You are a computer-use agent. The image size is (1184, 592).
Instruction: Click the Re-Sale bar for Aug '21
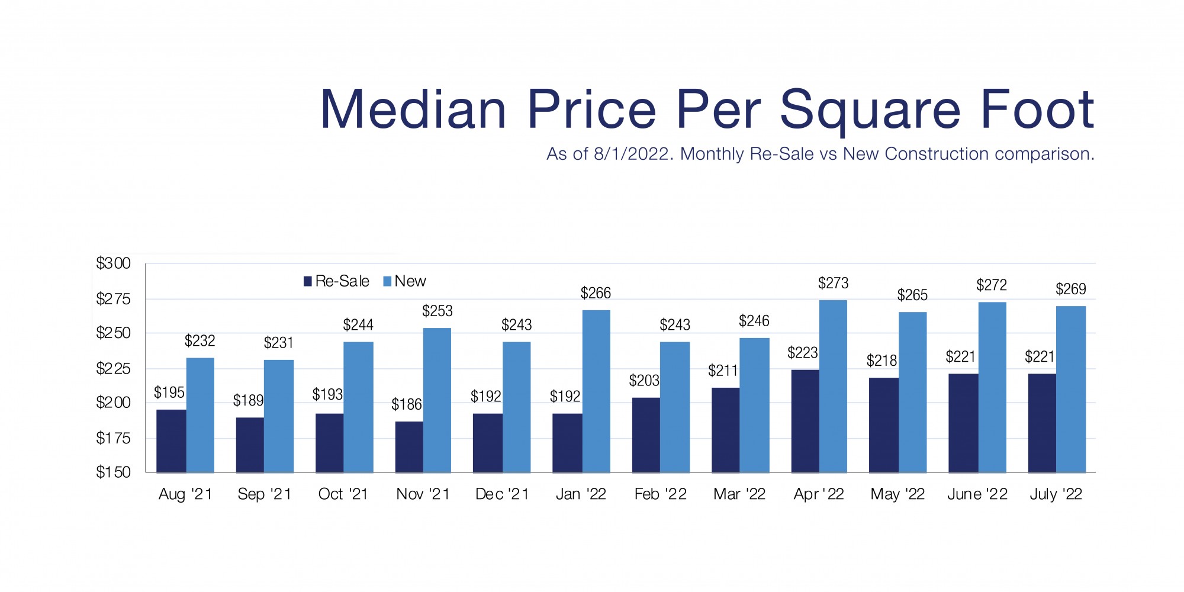[x=171, y=441]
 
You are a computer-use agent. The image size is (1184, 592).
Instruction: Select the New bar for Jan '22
[x=596, y=391]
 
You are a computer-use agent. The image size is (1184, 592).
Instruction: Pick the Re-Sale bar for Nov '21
[x=409, y=447]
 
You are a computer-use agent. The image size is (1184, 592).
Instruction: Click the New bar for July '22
[x=1071, y=389]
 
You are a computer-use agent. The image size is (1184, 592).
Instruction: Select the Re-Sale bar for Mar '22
[x=725, y=430]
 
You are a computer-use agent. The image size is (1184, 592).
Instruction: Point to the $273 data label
[x=833, y=284]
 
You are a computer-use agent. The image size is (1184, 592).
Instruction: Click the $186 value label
[x=407, y=404]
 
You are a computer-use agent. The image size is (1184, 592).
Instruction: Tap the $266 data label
[x=596, y=293]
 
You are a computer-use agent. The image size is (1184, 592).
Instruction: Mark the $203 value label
[x=644, y=381]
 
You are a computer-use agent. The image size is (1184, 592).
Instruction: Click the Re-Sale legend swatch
[x=308, y=281]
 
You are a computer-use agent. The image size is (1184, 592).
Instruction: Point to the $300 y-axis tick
[x=113, y=263]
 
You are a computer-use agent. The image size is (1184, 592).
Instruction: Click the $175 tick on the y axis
[x=113, y=438]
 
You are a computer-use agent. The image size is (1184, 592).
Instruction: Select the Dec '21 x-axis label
[x=502, y=494]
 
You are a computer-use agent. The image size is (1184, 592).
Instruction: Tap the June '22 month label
[x=977, y=494]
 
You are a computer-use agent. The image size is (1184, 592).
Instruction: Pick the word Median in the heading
[x=413, y=110]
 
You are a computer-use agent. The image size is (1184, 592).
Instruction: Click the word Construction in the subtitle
[x=915, y=154]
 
